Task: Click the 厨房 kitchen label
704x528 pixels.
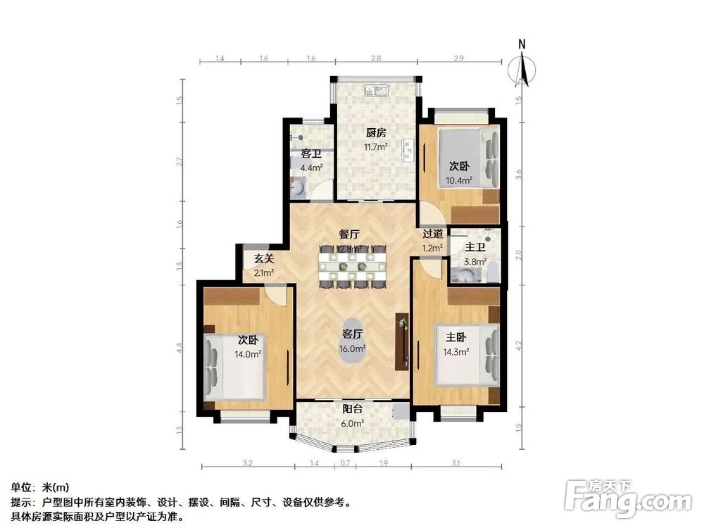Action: pos(376,132)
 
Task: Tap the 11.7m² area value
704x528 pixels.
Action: pos(376,147)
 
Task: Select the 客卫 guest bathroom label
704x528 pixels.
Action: pos(311,153)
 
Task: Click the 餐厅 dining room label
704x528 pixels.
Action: pos(350,234)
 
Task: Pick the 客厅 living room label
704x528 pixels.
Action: pos(353,334)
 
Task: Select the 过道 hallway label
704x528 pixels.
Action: pos(433,234)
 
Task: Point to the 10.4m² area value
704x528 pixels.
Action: pos(458,181)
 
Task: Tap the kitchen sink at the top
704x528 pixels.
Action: pos(377,90)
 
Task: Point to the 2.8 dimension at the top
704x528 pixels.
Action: pos(376,59)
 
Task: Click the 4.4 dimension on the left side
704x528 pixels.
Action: pos(180,348)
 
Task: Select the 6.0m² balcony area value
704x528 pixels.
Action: pos(353,424)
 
